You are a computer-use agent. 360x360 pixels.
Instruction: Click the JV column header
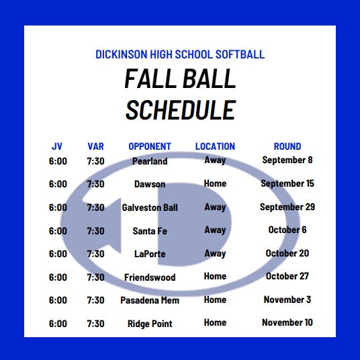(x=57, y=146)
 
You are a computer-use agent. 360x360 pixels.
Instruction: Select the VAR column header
(x=96, y=146)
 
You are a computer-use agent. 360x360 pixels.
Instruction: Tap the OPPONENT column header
(x=150, y=146)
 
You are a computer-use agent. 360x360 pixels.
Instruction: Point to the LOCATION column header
(x=215, y=146)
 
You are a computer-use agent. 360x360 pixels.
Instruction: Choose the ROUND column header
(x=287, y=146)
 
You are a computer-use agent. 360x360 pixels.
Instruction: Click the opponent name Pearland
(x=150, y=161)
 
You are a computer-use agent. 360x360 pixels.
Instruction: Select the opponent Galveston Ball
(x=150, y=208)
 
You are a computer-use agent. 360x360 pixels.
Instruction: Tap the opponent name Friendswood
(x=150, y=277)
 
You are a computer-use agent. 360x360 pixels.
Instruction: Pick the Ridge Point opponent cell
(x=150, y=324)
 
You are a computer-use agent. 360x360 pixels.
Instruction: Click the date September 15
(x=287, y=183)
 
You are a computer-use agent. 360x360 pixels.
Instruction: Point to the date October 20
(x=287, y=253)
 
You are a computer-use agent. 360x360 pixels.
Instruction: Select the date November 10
(x=287, y=322)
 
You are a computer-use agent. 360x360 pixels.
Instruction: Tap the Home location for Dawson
(x=215, y=183)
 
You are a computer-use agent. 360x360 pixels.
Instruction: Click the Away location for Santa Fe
(x=215, y=230)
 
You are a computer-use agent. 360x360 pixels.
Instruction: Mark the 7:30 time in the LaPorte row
(x=96, y=254)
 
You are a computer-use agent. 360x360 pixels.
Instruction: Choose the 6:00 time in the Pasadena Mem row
(x=58, y=300)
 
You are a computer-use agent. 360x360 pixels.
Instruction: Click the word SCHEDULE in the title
(x=181, y=110)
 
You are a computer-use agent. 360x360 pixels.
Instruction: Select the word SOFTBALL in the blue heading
(x=240, y=54)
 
